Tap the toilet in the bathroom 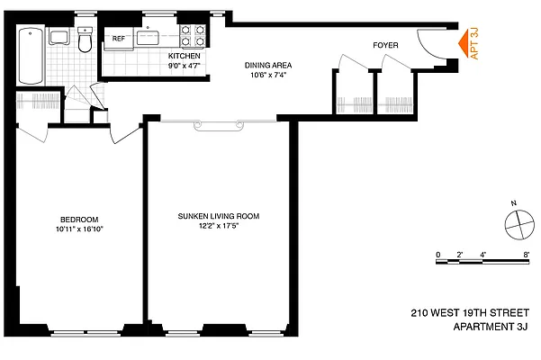[85, 42]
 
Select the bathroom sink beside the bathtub [59, 37]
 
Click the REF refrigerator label [118, 38]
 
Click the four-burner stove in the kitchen [191, 36]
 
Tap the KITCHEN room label [185, 56]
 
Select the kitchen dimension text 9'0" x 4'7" [185, 65]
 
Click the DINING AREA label [269, 65]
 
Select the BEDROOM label [79, 220]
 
